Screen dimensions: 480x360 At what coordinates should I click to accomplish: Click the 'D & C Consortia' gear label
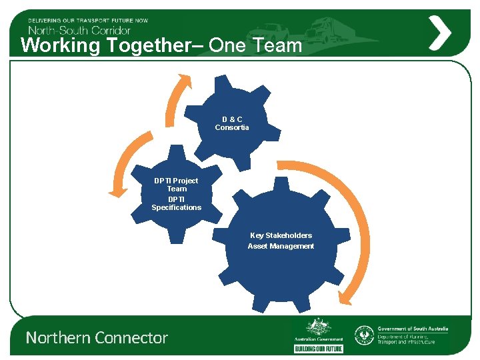[232, 123]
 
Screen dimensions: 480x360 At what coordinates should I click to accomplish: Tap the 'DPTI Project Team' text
[176, 185]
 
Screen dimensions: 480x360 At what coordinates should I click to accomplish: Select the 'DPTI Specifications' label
[176, 203]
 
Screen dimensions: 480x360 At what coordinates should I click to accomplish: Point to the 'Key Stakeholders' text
[281, 235]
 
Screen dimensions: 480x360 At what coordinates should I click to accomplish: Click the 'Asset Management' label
[281, 246]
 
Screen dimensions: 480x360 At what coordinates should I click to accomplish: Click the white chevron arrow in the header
[439, 32]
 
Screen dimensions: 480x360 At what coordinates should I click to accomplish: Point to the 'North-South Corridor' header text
[79, 29]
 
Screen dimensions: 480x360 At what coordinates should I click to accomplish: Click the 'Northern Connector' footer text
[97, 338]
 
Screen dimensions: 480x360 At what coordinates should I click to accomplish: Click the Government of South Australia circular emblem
[364, 335]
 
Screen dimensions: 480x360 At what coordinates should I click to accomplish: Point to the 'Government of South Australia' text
[413, 329]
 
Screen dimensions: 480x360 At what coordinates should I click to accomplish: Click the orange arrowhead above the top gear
[185, 80]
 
